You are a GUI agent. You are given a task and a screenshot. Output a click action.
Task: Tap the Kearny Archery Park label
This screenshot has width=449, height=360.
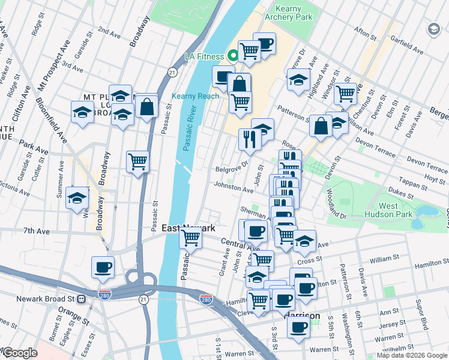[294, 13]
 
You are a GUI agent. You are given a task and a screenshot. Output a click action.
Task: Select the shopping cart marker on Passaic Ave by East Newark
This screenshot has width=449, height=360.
[191, 238]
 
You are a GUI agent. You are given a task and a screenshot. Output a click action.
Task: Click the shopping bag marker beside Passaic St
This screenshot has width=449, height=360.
[147, 107]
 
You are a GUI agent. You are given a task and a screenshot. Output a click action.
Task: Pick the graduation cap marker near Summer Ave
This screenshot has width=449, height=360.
[77, 197]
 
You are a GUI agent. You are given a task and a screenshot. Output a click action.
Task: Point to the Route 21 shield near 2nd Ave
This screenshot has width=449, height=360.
[172, 73]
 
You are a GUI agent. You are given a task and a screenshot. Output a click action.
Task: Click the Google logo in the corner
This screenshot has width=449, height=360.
[20, 353]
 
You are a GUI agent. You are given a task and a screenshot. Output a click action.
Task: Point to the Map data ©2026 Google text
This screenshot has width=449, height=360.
[412, 355]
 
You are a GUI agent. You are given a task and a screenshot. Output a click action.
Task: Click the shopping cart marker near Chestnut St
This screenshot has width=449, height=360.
[345, 93]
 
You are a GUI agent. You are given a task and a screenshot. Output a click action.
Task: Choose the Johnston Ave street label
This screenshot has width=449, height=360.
[234, 188]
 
